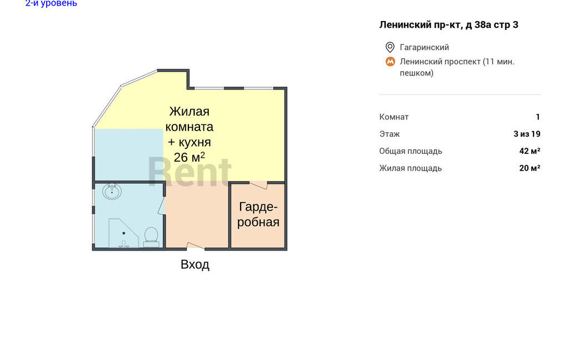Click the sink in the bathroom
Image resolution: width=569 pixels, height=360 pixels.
click(112, 191)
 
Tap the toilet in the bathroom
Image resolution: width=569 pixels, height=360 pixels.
click(151, 237)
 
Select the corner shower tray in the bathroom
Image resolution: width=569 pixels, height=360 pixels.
click(123, 233)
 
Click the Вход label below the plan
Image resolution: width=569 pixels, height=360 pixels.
click(195, 264)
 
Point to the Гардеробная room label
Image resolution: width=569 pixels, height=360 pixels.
click(258, 214)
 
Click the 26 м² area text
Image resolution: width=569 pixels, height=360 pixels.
click(189, 157)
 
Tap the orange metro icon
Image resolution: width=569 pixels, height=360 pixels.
click(390, 62)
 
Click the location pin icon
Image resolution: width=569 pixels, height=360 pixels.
click(390, 47)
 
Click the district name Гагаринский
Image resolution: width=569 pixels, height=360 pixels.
click(424, 47)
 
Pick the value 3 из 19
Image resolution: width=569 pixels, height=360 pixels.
click(527, 134)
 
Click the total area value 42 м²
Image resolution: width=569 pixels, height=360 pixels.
click(530, 151)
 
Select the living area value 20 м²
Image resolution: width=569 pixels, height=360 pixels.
click(530, 168)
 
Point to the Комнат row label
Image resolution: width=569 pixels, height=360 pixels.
click(394, 117)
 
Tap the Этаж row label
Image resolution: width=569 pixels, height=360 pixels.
click(390, 134)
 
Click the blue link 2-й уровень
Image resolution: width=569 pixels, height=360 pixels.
click(51, 3)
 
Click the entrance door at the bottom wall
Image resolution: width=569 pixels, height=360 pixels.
click(196, 246)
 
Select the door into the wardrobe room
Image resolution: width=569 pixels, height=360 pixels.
click(258, 185)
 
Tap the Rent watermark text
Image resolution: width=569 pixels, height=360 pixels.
click(189, 172)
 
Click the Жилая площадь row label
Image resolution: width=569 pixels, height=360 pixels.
click(411, 168)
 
